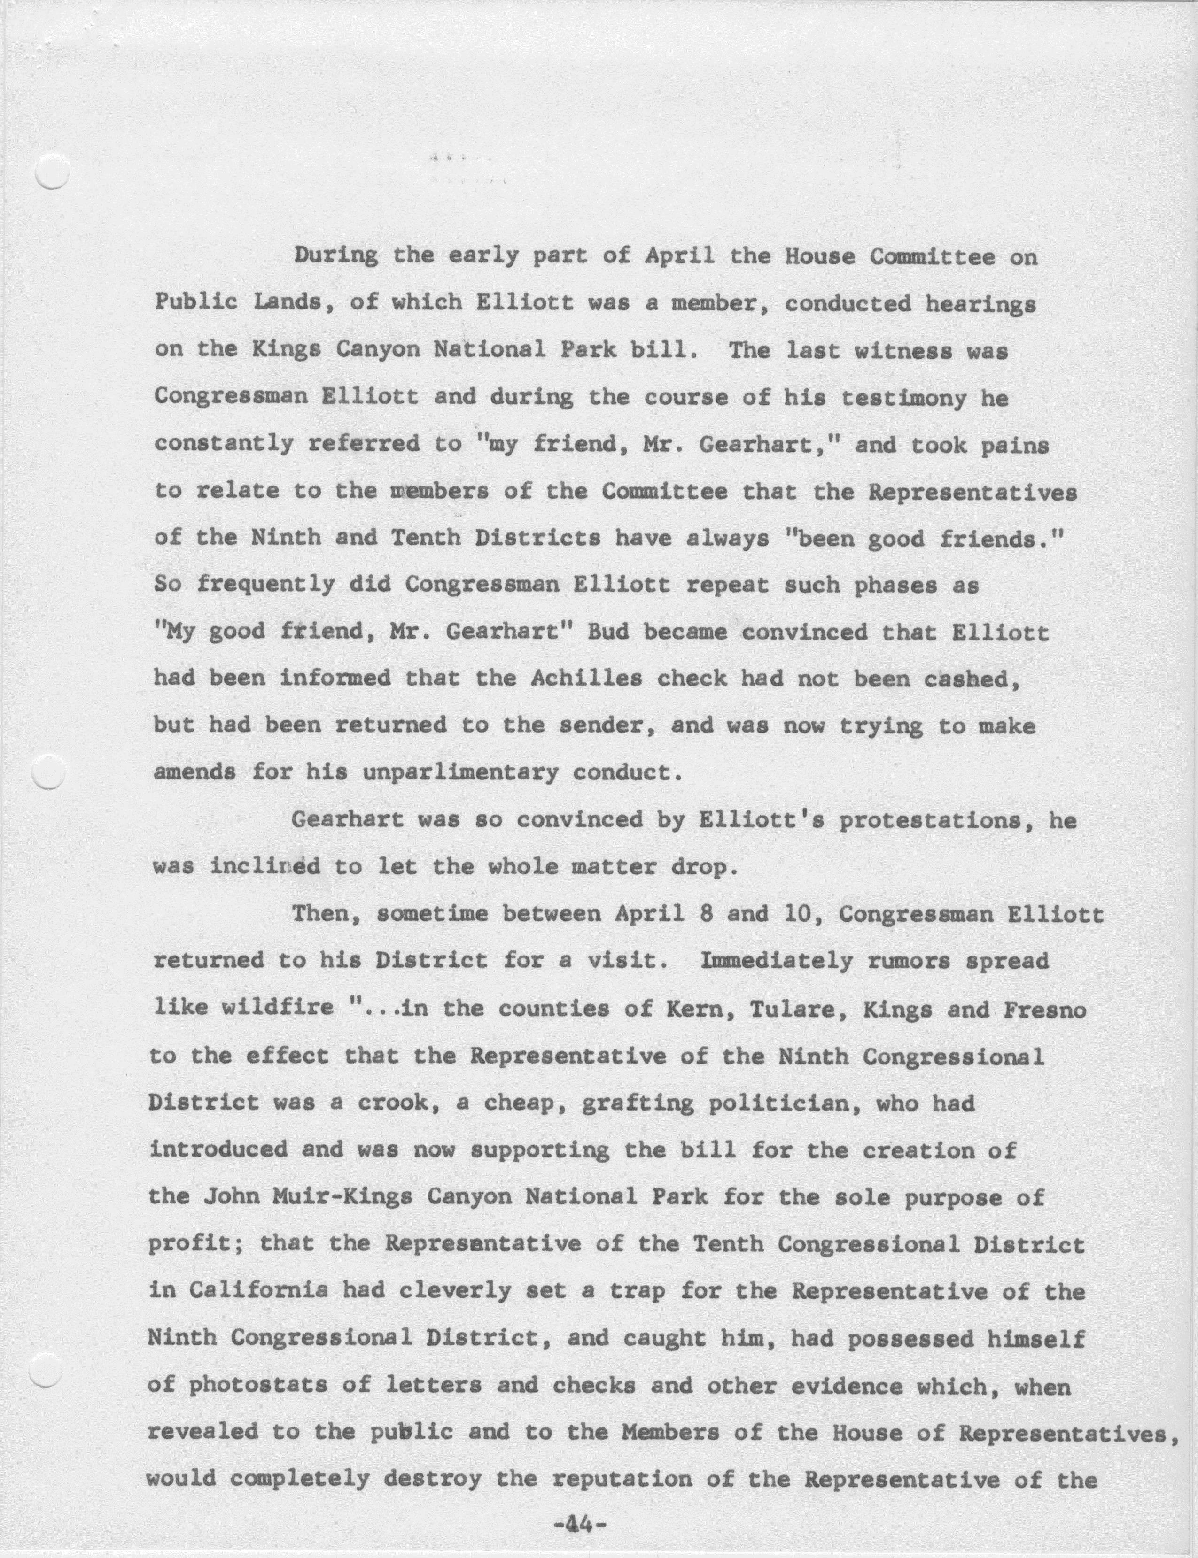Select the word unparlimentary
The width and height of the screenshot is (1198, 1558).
coord(461,772)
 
